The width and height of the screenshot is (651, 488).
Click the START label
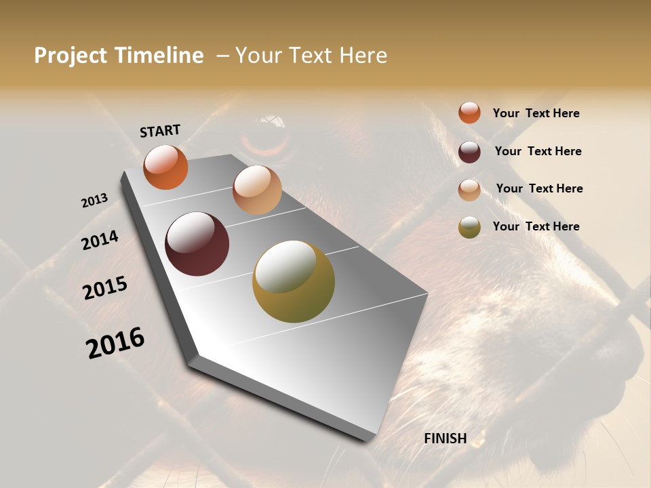tap(160, 131)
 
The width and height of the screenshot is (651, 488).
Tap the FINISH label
tap(445, 439)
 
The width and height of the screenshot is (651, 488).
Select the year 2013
tap(94, 201)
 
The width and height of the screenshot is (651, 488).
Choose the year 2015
tap(105, 288)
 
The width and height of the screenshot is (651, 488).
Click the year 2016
tap(115, 343)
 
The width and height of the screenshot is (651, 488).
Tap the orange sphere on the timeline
tap(165, 167)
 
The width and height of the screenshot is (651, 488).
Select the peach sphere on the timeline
tap(257, 190)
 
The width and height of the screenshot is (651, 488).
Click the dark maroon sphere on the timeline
tap(197, 244)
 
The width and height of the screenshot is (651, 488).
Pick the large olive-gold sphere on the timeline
tap(294, 281)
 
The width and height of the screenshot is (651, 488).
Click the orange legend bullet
tap(469, 113)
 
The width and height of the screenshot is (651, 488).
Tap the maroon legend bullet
tap(469, 151)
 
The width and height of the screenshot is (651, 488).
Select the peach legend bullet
tap(469, 190)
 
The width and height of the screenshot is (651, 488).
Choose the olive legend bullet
tap(469, 227)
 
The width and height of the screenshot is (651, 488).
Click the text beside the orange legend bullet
tap(536, 113)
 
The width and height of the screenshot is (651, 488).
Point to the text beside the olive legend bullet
tap(536, 226)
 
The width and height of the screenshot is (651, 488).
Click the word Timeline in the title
tap(159, 56)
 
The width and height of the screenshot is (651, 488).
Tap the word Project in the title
tap(71, 56)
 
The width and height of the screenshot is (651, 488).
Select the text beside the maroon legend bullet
tap(538, 151)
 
